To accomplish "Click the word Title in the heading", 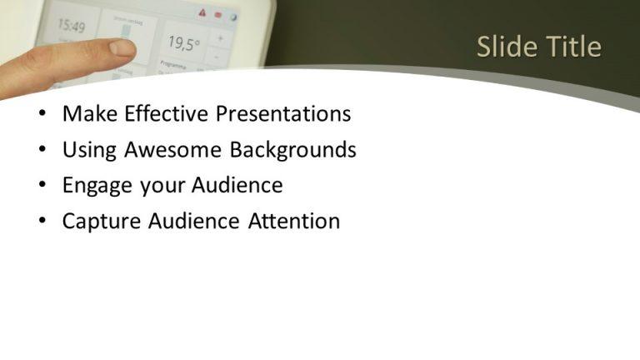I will pos(572,47).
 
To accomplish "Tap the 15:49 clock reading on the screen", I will pos(72,27).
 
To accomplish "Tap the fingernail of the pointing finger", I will pos(122,48).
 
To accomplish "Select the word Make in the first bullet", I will pos(89,114).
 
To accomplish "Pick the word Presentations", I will pos(283,114).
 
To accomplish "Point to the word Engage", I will pos(98,186).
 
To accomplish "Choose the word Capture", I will pos(102,222).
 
